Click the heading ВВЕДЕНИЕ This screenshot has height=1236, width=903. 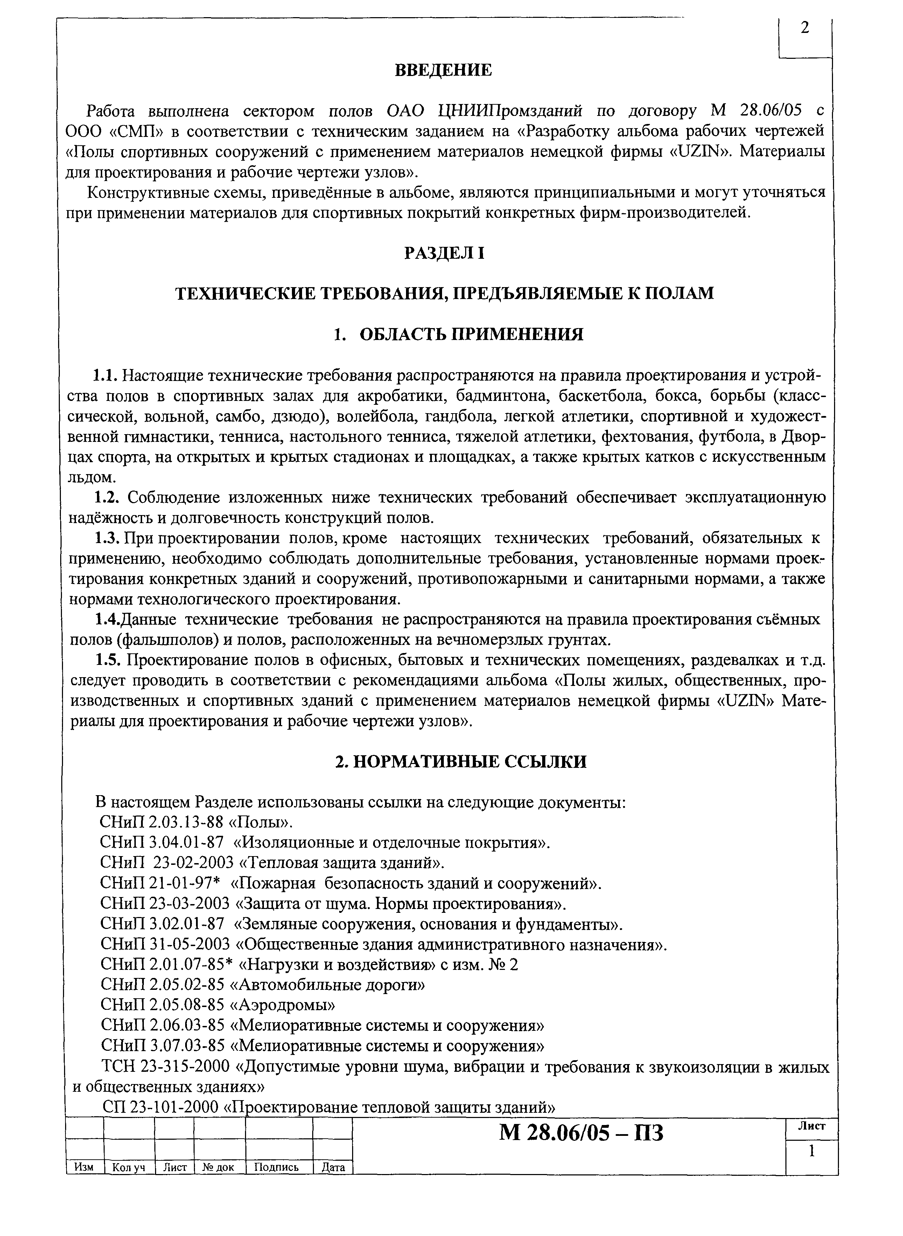click(443, 70)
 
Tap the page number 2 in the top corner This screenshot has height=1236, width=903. click(805, 28)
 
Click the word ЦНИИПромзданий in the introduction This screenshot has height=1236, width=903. click(511, 111)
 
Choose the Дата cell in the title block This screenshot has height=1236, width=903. click(333, 1167)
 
